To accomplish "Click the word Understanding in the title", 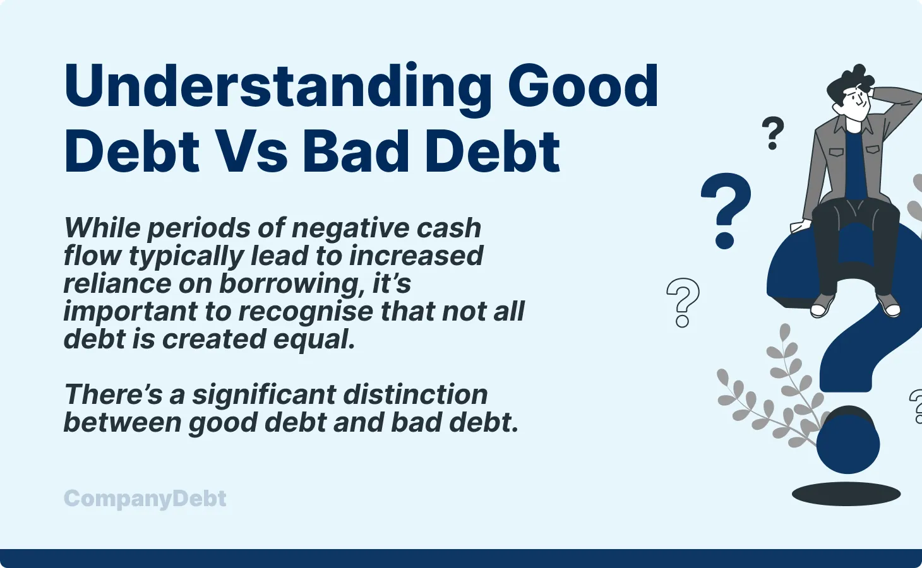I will click(278, 87).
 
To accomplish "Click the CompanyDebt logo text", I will click(145, 499).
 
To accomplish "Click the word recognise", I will click(306, 312).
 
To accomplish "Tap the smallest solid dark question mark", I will click(772, 133).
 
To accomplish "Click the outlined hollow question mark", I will click(683, 302).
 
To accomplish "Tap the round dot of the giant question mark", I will click(847, 442).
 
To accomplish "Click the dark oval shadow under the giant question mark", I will click(846, 494).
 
